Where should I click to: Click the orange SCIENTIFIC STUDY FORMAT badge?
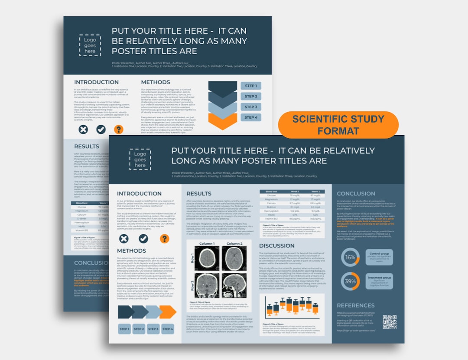(338, 125)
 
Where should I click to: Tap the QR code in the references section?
(390, 322)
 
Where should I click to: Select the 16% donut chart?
(350, 257)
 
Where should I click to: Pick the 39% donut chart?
(350, 281)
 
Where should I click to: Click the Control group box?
(379, 257)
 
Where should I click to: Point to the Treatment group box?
(379, 281)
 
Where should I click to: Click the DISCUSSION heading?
(277, 246)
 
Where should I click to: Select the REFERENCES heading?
(356, 305)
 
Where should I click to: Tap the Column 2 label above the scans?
(234, 244)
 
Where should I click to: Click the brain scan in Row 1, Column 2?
(234, 259)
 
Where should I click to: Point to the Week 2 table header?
(315, 191)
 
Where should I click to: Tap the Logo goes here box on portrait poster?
(90, 45)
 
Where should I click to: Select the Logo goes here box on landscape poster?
(140, 159)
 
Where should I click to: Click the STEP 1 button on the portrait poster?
(251, 86)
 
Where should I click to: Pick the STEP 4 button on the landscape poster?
(168, 329)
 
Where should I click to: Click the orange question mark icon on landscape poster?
(164, 239)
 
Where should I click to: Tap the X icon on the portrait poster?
(83, 129)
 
